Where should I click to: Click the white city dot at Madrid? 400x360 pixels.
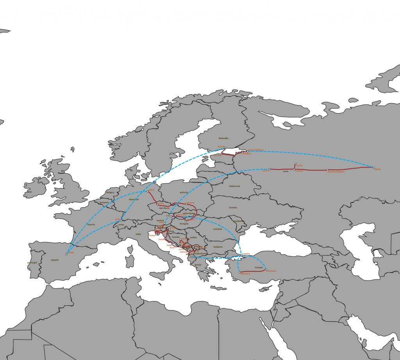point(66,255)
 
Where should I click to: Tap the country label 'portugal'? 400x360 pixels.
point(33,262)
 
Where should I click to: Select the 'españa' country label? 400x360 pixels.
point(54,260)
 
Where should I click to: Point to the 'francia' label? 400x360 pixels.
point(91,225)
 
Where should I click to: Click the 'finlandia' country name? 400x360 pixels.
point(223,138)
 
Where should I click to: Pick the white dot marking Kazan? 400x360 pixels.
point(374,168)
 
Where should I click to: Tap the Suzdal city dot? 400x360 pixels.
point(296,164)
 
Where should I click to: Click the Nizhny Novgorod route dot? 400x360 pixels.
point(327,170)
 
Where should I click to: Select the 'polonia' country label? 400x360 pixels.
point(184,192)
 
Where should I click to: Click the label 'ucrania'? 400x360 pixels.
point(233,207)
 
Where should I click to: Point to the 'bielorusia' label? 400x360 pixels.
point(234,186)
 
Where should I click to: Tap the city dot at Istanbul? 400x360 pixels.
point(241,256)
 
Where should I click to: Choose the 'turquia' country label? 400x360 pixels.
point(259,268)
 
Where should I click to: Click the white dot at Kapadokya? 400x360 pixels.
point(266,270)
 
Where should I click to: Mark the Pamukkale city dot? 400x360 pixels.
point(240,272)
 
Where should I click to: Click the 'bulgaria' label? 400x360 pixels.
point(218,247)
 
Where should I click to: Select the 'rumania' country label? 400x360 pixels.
point(217,229)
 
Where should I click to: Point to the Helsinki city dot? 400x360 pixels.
point(225,148)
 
